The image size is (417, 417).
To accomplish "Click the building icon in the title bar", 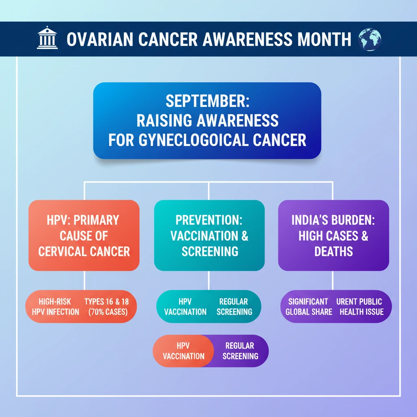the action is [x=47, y=37].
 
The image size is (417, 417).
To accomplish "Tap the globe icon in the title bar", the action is [x=370, y=40].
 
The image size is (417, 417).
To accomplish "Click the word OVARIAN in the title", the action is [x=100, y=40].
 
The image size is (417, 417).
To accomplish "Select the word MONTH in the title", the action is [x=324, y=40].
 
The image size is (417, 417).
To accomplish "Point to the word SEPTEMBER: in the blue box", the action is [x=207, y=101].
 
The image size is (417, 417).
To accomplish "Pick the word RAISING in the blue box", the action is [x=164, y=121].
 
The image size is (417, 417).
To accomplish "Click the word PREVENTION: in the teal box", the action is [x=209, y=220].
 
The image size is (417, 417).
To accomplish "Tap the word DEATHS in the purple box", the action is [x=334, y=252].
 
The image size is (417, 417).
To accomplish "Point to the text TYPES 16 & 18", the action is [x=107, y=302].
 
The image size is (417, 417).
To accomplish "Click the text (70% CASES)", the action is [x=108, y=312].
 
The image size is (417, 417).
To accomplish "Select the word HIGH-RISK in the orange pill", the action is [x=55, y=302].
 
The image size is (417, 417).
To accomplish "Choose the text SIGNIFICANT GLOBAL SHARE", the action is [x=309, y=307].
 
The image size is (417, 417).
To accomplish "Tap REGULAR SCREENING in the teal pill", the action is [x=234, y=307].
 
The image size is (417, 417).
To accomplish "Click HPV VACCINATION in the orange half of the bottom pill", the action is [x=184, y=351].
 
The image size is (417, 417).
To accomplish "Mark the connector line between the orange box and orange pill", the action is [x=84, y=280].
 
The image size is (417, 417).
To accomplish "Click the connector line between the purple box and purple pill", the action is [x=333, y=280].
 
